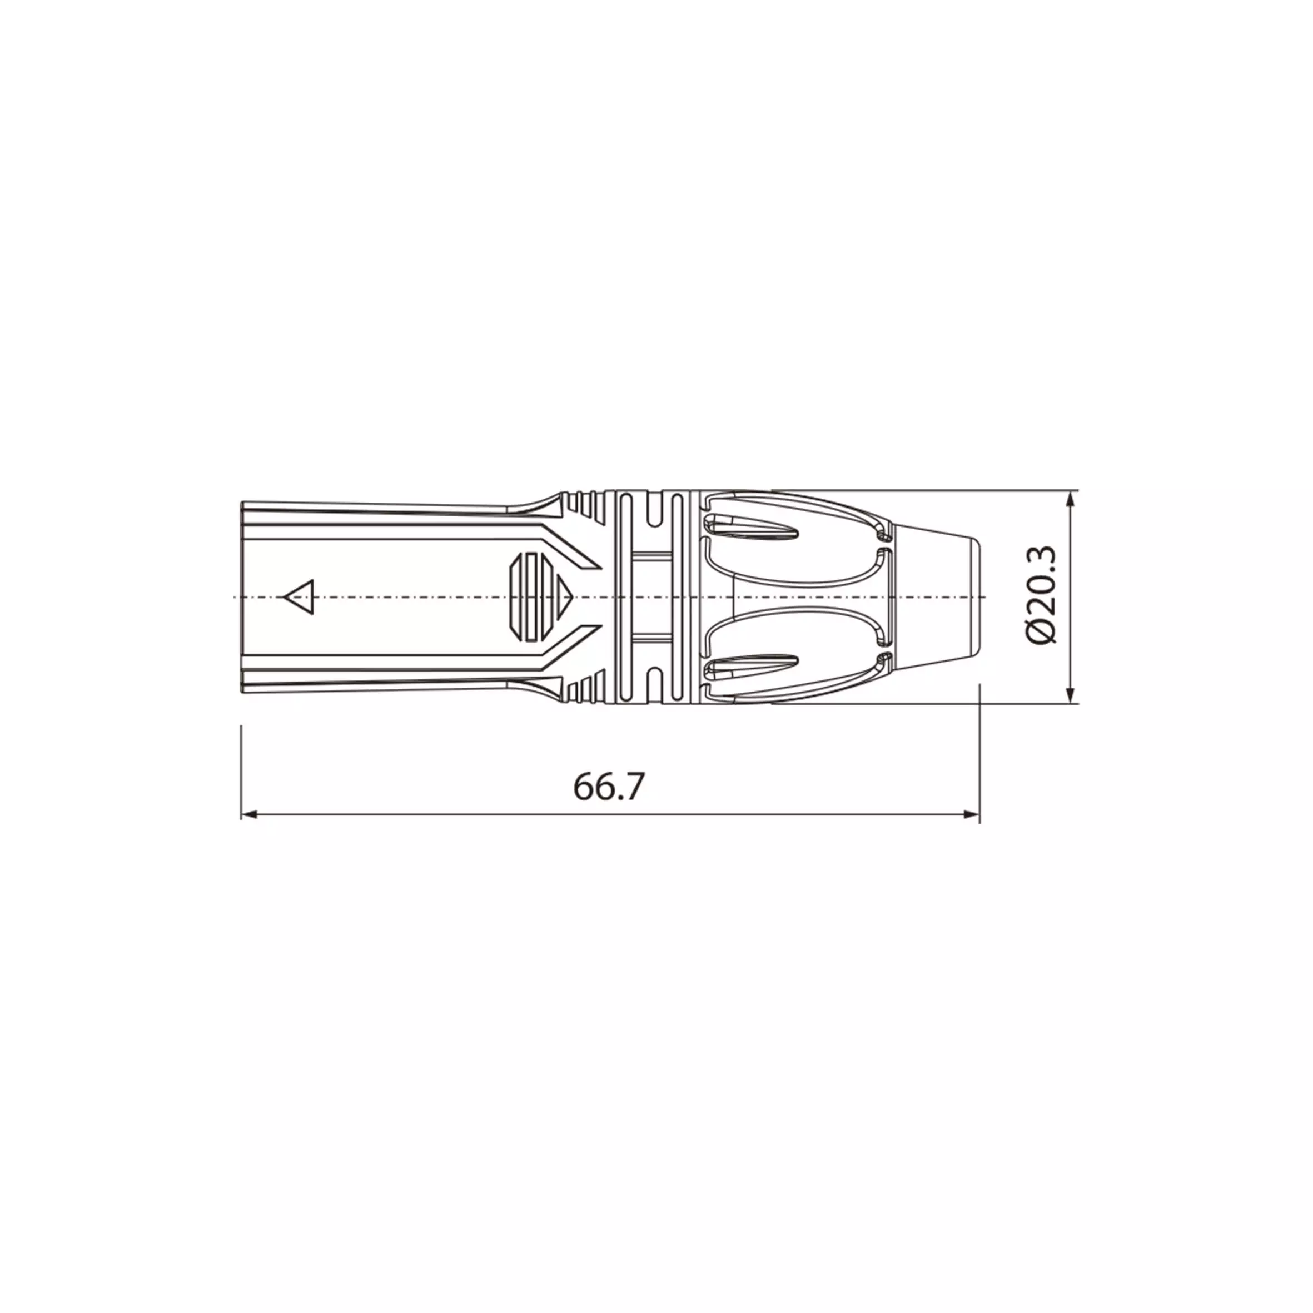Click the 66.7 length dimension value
608,787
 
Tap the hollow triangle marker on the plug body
299,598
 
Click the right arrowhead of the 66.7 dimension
971,814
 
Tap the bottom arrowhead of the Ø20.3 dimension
1072,694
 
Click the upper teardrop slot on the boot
751,525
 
